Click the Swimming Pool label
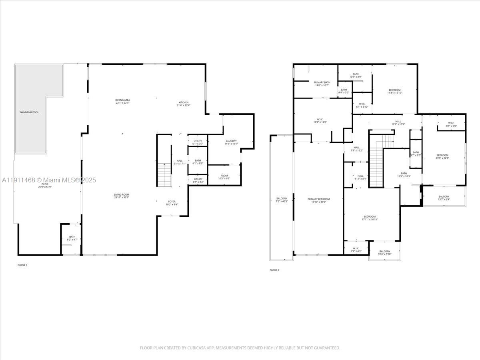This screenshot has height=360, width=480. (x=29, y=112)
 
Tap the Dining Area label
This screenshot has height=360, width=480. (x=122, y=100)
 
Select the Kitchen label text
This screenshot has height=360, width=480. (x=184, y=102)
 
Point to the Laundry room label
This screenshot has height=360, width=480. (x=231, y=141)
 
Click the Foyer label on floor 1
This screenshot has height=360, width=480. (x=172, y=202)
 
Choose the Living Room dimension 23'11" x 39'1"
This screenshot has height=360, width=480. (x=122, y=197)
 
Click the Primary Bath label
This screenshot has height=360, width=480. (x=322, y=82)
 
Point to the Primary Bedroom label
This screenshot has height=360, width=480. (x=319, y=199)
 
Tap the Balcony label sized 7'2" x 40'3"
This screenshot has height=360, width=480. (x=282, y=198)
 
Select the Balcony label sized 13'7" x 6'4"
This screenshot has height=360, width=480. (x=444, y=196)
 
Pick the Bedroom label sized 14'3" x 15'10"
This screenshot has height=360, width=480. (x=394, y=90)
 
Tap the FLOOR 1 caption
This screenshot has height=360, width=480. (x=22, y=265)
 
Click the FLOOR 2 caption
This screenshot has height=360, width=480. (x=274, y=270)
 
